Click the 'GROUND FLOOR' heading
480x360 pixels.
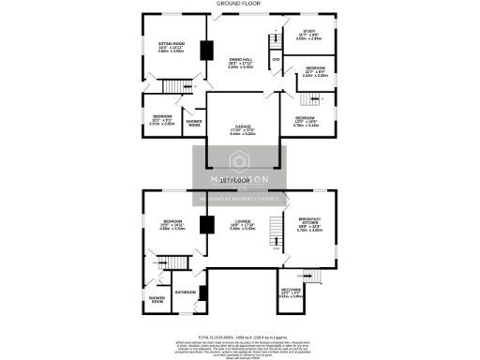point(238,4)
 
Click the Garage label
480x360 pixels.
point(243,130)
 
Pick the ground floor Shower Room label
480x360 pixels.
point(194,122)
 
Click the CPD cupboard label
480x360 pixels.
point(276,61)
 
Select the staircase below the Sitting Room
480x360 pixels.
point(173,86)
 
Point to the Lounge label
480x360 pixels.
point(242,224)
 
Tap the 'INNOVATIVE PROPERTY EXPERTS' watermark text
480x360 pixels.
point(240,198)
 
